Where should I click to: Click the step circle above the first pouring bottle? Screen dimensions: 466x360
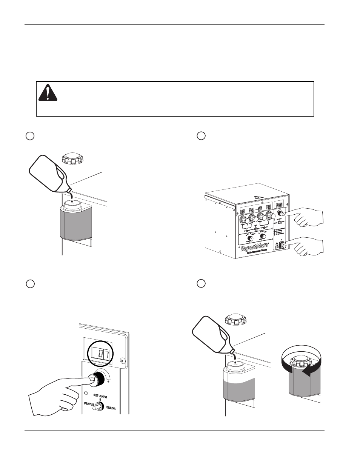[30, 136]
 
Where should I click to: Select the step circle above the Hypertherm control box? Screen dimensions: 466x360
[201, 136]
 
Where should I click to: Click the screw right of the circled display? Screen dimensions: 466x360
[122, 360]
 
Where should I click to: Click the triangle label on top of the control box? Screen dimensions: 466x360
[258, 197]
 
